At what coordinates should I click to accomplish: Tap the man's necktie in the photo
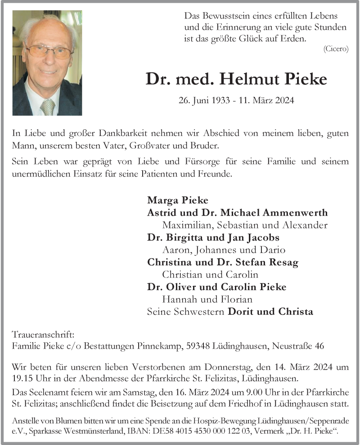tap(47, 107)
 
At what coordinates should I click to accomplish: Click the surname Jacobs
tap(263, 237)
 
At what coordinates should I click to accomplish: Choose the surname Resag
tap(282, 262)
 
